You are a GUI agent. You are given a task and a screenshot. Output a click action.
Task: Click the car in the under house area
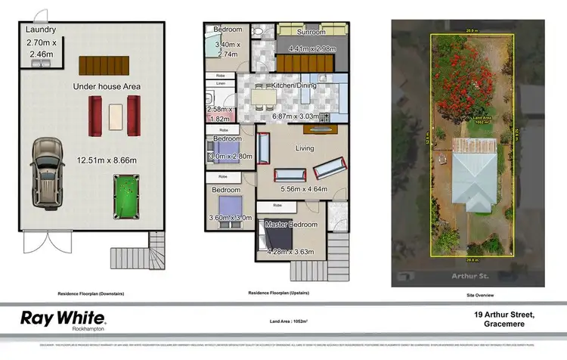point(48,173)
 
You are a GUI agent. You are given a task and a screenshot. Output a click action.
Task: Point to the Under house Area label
point(107,87)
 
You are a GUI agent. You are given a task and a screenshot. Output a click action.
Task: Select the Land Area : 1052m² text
point(283,321)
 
